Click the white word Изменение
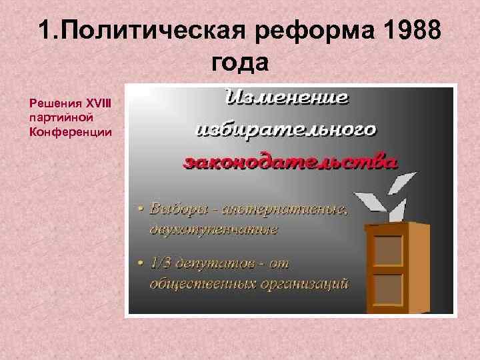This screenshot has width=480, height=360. pos(289,98)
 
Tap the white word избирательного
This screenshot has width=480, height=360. pos(287,129)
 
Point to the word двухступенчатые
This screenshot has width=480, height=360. pos(213,229)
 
